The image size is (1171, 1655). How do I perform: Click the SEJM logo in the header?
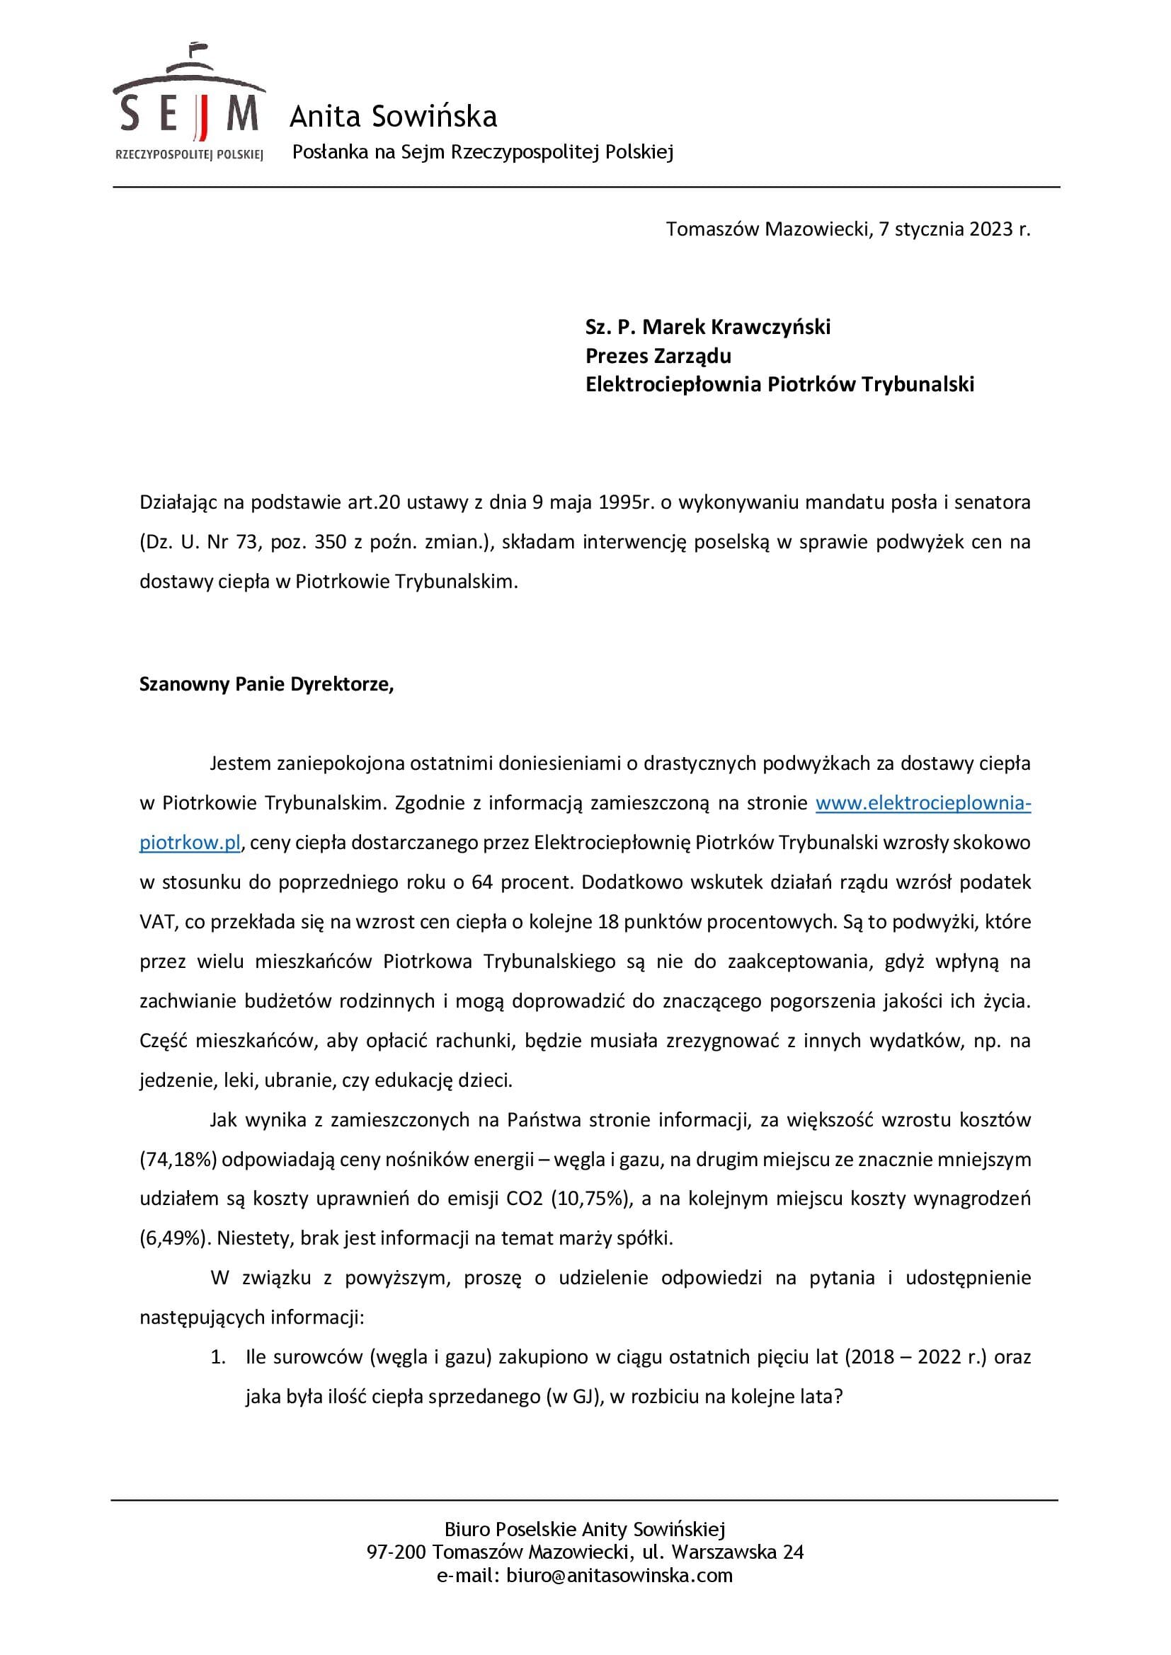pyautogui.click(x=189, y=105)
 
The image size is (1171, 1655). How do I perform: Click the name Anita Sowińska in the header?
pyautogui.click(x=393, y=117)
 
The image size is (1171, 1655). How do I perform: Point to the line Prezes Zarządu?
pyautogui.click(x=658, y=356)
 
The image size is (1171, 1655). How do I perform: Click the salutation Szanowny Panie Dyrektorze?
pyautogui.click(x=266, y=684)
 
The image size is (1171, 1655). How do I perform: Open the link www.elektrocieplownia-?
pyautogui.click(x=923, y=803)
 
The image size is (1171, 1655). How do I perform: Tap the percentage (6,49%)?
pyautogui.click(x=174, y=1238)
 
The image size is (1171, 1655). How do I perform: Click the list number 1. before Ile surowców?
pyautogui.click(x=218, y=1357)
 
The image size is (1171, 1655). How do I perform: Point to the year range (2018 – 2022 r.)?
pyautogui.click(x=915, y=1357)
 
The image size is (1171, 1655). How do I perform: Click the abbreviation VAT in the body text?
pyautogui.click(x=156, y=922)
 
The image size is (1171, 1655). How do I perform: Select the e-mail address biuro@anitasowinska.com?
pyautogui.click(x=619, y=1575)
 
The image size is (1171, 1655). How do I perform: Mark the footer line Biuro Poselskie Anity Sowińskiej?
pyautogui.click(x=585, y=1529)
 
